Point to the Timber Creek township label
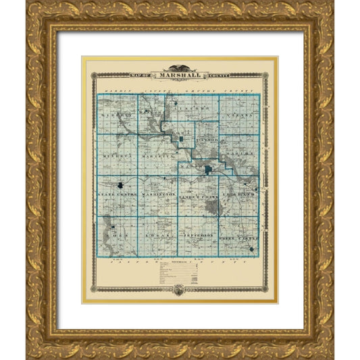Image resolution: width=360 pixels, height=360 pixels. coord(201,195)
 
